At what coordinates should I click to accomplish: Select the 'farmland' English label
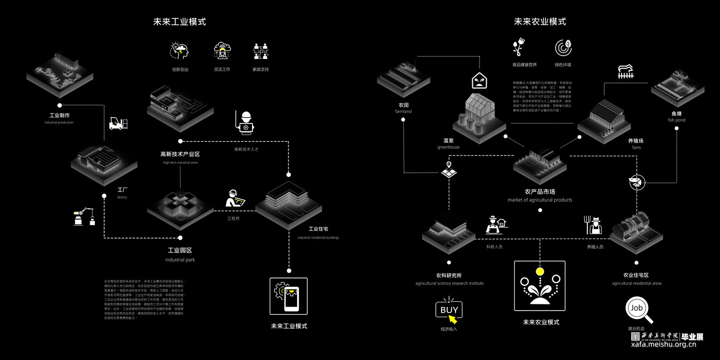[403, 111]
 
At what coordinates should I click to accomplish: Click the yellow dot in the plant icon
[540, 272]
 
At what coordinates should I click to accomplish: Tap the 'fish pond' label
[676, 120]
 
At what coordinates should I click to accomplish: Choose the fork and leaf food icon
[518, 47]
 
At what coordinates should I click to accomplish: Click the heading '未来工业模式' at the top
[180, 22]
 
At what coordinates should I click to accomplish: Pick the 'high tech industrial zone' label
[180, 163]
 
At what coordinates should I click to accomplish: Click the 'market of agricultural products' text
[540, 200]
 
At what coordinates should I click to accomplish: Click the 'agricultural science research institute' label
[449, 283]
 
